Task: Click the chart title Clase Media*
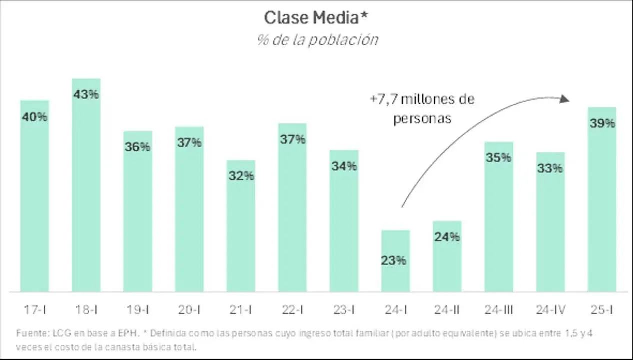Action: pyautogui.click(x=316, y=18)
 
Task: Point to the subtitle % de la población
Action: pyautogui.click(x=317, y=40)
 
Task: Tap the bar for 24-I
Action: pyautogui.click(x=395, y=270)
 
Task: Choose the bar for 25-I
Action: pyautogui.click(x=602, y=210)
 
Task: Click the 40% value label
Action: pyautogui.click(x=35, y=117)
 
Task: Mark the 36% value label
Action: pyautogui.click(x=138, y=147)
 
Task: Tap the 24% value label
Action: pyautogui.click(x=447, y=237)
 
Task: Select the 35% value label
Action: pyautogui.click(x=499, y=158)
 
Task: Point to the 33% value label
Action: pyautogui.click(x=550, y=168)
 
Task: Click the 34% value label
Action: pyautogui.click(x=344, y=166)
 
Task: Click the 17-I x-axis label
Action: pyautogui.click(x=35, y=310)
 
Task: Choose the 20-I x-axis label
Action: pyautogui.click(x=189, y=310)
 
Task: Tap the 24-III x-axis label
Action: pyautogui.click(x=499, y=310)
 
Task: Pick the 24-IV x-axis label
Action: pyautogui.click(x=550, y=310)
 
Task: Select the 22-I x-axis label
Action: pyautogui.click(x=292, y=310)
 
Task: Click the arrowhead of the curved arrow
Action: pyautogui.click(x=564, y=99)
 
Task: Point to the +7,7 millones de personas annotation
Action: pyautogui.click(x=422, y=109)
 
